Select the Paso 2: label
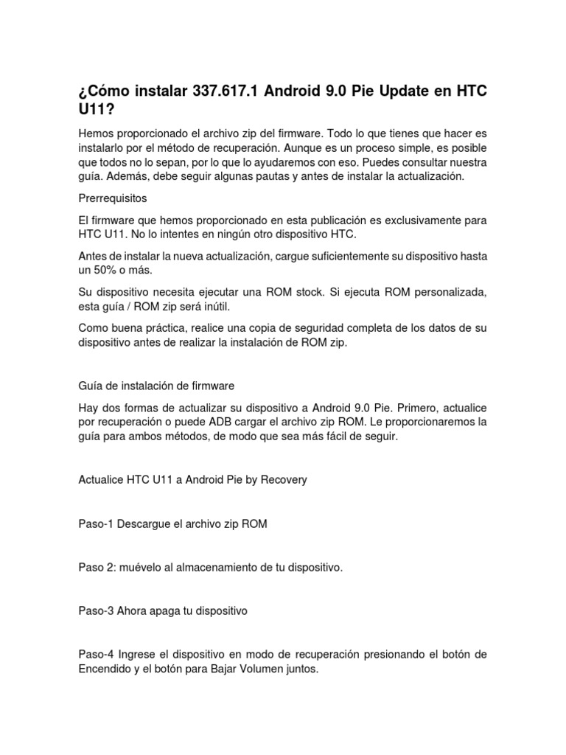(x=97, y=567)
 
